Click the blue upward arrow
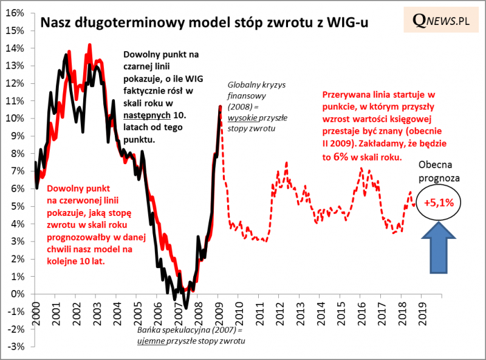[439, 246]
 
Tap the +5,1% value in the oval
[439, 202]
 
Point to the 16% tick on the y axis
[17, 13]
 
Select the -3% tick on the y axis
[17, 347]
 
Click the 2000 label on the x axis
[35, 313]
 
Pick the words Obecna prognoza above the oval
[439, 173]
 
